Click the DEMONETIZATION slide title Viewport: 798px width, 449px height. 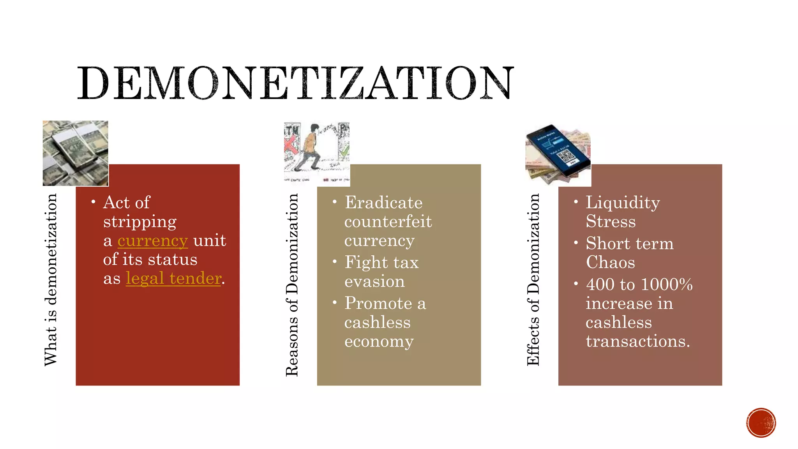[295, 83]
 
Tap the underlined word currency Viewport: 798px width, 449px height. [153, 240]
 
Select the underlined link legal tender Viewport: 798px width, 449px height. [173, 278]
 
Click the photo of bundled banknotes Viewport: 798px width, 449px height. [75, 153]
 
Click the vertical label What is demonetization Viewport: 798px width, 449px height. [51, 279]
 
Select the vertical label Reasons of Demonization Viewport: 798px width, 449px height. [292, 285]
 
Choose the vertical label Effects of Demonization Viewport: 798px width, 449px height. [533, 279]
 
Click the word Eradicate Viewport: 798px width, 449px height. [383, 203]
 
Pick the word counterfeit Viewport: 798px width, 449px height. [388, 222]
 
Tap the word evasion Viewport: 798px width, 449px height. [374, 281]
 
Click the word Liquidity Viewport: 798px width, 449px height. [623, 203]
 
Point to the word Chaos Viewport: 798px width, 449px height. [611, 262]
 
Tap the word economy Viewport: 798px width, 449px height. [379, 341]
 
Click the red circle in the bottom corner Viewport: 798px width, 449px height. [761, 422]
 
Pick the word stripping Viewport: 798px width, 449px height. [140, 222]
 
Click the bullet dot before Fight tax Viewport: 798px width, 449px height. [334, 262]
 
